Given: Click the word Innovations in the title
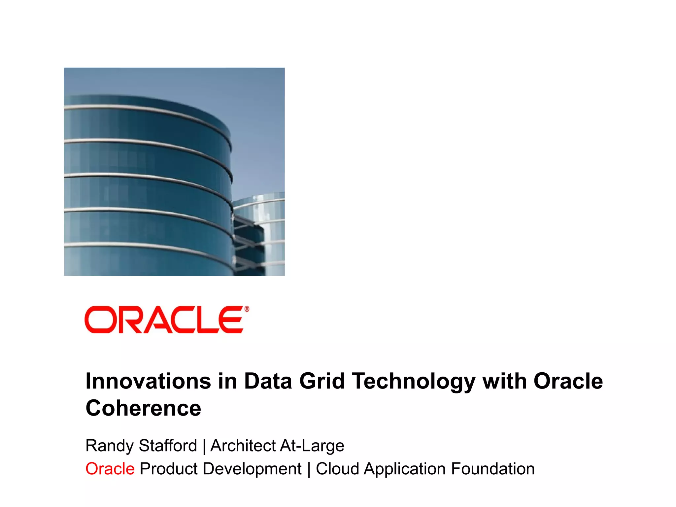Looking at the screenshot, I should (x=148, y=381).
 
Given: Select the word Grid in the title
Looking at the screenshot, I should (x=321, y=381).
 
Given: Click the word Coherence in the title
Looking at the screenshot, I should (x=143, y=408).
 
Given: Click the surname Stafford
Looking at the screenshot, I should (x=168, y=446).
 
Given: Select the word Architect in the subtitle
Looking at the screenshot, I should (x=243, y=446).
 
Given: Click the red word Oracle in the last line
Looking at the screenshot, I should (x=110, y=469).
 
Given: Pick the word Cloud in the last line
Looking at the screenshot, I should (x=337, y=469).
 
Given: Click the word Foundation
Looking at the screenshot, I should (x=492, y=469).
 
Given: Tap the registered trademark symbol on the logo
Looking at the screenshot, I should (x=246, y=309).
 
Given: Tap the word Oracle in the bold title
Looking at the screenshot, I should (x=568, y=381).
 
